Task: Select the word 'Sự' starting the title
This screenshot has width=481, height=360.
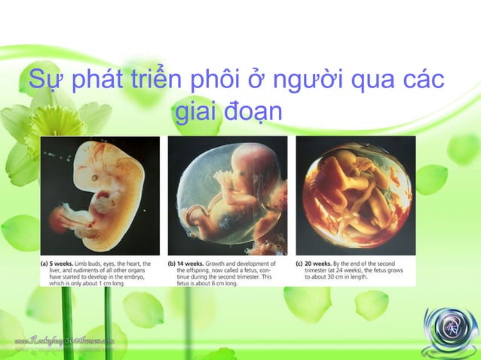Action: (x=44, y=80)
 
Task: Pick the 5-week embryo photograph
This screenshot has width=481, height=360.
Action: (x=100, y=197)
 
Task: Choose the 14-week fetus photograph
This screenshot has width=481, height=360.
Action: (x=228, y=197)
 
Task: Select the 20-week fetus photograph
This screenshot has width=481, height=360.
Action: (x=355, y=197)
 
